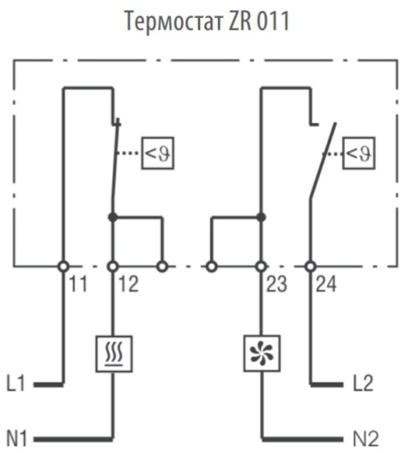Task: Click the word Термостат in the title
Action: click(174, 21)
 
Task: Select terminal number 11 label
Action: click(78, 284)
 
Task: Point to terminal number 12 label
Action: click(129, 284)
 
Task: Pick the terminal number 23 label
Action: click(276, 284)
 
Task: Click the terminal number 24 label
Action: click(326, 284)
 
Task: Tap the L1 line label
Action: click(16, 384)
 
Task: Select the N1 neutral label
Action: click(17, 438)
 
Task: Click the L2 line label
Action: click(363, 384)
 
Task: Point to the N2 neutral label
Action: click(366, 438)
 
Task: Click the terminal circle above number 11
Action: click(63, 266)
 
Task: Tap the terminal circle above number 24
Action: click(311, 266)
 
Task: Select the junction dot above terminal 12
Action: click(113, 217)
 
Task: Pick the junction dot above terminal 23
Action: click(261, 217)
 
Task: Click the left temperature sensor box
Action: click(158, 153)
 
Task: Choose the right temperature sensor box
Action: click(359, 153)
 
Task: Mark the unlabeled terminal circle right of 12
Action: click(162, 266)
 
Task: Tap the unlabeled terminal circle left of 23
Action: click(212, 266)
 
